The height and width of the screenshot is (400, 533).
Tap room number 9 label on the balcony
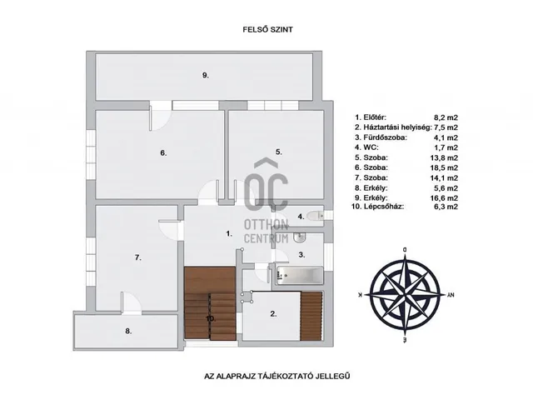click(205, 75)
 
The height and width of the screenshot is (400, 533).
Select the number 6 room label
click(164, 152)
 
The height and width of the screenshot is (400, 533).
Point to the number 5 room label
click(280, 152)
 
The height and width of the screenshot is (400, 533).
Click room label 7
click(137, 258)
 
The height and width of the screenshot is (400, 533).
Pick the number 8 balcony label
click(128, 331)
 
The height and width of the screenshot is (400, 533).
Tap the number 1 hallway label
click(228, 234)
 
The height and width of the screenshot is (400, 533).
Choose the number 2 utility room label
click(272, 314)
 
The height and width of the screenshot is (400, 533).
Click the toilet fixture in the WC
click(315, 217)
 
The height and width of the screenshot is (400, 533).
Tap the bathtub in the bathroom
click(298, 274)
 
